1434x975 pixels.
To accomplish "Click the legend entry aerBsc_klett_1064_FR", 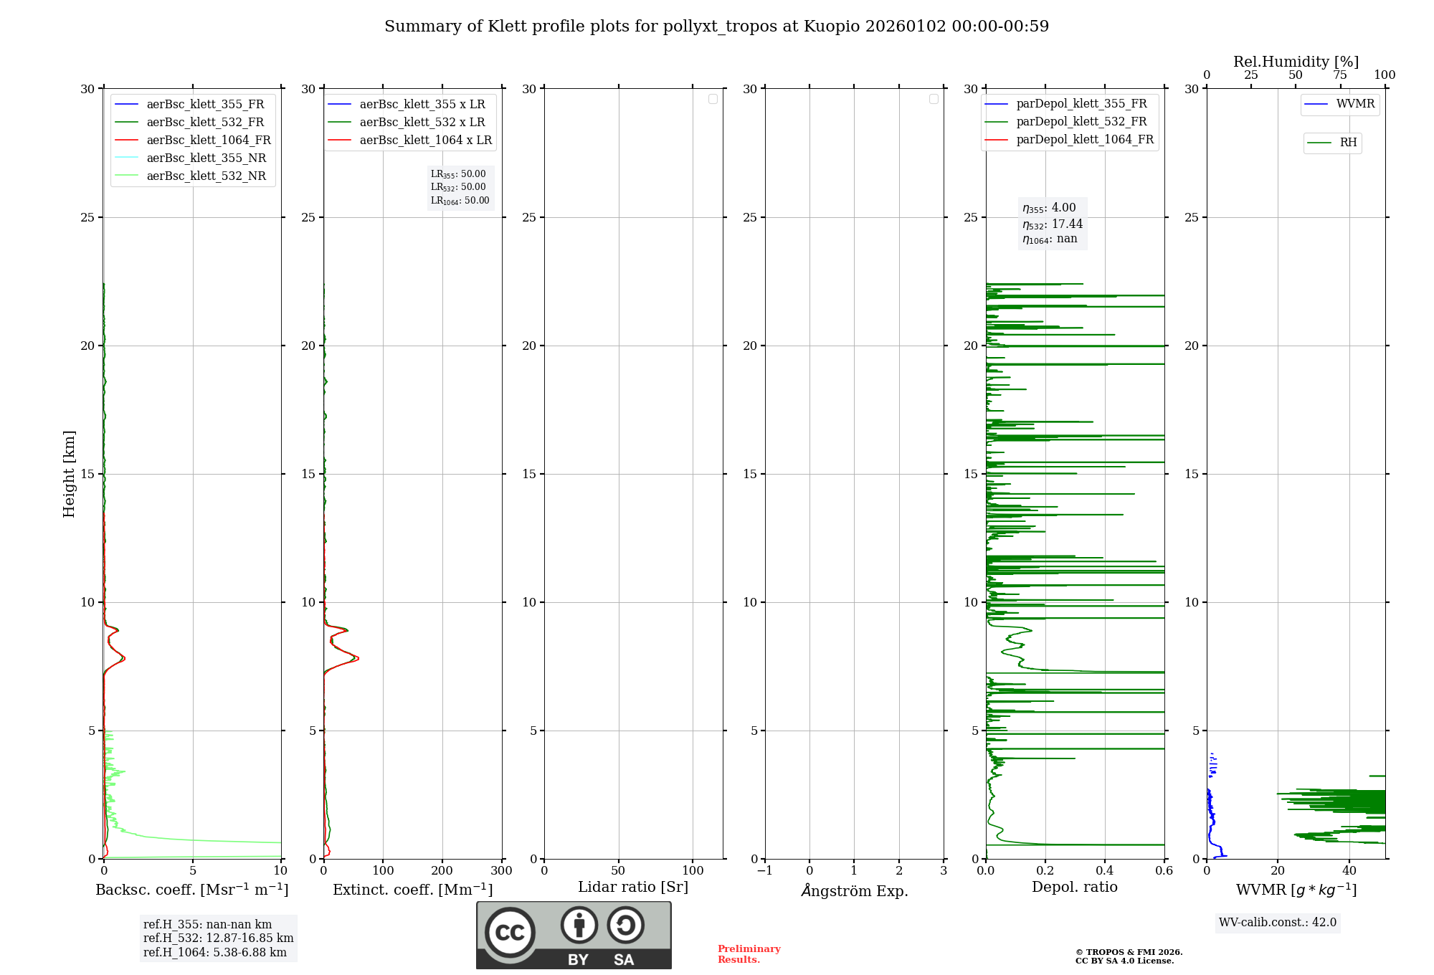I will click(x=208, y=140).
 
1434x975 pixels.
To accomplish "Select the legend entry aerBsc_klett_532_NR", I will click(x=206, y=176).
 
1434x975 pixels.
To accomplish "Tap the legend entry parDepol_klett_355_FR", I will click(x=1081, y=103).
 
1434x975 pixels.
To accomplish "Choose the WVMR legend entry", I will click(x=1355, y=104).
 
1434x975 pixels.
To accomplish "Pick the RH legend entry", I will click(x=1348, y=143).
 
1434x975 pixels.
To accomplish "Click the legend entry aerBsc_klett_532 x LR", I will click(x=422, y=122).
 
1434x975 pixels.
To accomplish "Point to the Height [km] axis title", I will click(x=69, y=473).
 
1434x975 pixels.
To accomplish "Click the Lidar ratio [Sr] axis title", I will click(x=633, y=887).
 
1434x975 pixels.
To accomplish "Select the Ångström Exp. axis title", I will click(x=855, y=890).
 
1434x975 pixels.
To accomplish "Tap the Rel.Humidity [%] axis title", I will click(x=1296, y=62).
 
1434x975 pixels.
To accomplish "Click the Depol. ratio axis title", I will click(x=1074, y=887).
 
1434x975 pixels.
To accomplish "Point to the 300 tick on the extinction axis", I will click(x=501, y=870).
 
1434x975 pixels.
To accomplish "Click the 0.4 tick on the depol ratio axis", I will click(x=1105, y=870).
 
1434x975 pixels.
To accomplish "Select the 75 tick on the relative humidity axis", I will click(x=1339, y=75).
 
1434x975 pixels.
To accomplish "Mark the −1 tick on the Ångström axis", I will click(x=764, y=870).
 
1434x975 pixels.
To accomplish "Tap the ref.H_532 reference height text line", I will click(x=218, y=938).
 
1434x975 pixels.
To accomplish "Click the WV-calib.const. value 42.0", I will click(x=1324, y=922).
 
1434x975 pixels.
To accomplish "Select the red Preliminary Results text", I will click(x=749, y=954).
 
